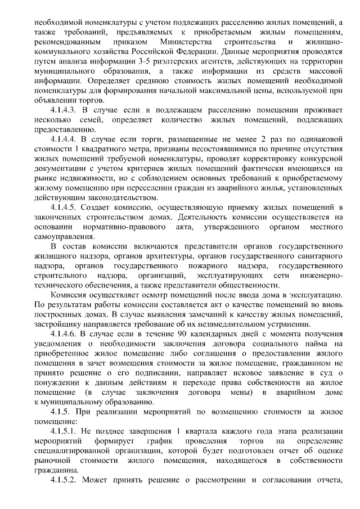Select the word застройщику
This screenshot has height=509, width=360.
pyautogui.click(x=60, y=325)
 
